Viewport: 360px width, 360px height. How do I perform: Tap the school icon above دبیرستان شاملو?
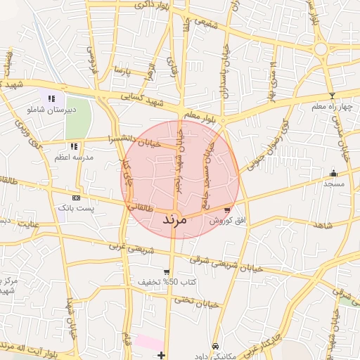[51, 98]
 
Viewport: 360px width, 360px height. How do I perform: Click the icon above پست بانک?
[76, 198]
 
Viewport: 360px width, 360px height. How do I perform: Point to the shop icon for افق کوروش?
[226, 210]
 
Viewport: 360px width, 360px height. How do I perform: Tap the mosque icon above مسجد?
[333, 173]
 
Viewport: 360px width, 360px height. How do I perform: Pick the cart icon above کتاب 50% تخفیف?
[167, 272]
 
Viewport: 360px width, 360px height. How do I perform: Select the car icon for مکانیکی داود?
[214, 346]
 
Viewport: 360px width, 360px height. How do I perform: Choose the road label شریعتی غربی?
[129, 251]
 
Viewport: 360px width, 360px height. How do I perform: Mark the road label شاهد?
[323, 225]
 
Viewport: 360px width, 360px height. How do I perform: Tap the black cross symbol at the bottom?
[162, 354]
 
